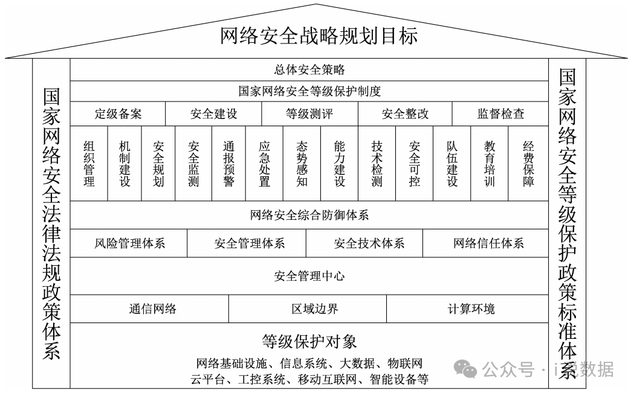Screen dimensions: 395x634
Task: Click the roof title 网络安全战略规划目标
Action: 319,36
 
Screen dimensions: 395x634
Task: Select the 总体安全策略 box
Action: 309,70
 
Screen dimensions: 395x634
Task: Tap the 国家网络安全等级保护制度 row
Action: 309,92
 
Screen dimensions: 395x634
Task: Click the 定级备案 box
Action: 118,114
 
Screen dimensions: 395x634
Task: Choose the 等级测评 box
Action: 309,114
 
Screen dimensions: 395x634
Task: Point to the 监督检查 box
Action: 500,114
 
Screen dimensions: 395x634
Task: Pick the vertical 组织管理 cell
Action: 89,163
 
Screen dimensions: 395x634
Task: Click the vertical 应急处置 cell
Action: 264,163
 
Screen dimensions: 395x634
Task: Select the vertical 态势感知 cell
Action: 302,163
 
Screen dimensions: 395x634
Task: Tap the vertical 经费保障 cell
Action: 528,163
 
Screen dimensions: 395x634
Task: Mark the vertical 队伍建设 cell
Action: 452,163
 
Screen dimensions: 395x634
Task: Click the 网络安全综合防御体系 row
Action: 309,215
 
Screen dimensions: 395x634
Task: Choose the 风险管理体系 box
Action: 129,244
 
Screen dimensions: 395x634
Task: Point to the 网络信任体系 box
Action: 488,244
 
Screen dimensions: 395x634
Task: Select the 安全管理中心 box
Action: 309,277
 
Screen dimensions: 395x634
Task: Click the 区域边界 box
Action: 307,309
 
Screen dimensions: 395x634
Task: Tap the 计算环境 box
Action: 471,309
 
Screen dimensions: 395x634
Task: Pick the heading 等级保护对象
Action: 309,342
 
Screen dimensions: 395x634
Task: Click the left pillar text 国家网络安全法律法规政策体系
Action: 51,223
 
